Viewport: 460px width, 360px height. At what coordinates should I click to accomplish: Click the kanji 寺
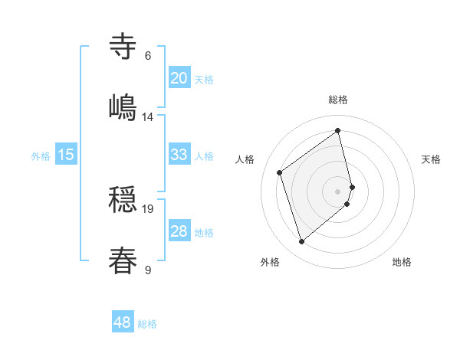[x=123, y=46]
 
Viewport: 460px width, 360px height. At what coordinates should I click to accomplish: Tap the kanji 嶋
[x=123, y=106]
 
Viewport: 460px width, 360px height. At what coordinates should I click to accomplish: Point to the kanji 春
[x=123, y=260]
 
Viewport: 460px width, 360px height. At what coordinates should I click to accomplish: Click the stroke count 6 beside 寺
[x=147, y=56]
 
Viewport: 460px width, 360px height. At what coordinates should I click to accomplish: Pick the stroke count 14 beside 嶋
[x=148, y=116]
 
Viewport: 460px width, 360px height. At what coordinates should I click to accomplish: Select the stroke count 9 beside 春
[x=147, y=270]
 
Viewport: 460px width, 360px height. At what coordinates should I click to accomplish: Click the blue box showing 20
[x=179, y=78]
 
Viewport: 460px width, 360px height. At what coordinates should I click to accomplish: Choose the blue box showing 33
[x=179, y=155]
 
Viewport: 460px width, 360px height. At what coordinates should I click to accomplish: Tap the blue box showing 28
[x=179, y=231]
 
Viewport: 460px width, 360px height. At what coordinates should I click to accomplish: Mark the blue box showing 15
[x=66, y=155]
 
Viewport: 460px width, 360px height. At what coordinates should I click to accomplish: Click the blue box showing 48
[x=123, y=322]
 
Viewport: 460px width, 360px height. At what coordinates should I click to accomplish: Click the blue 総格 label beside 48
[x=147, y=324]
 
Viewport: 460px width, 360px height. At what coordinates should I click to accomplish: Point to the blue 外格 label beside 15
[x=41, y=156]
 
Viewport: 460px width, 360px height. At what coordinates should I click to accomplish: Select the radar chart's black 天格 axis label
[x=432, y=159]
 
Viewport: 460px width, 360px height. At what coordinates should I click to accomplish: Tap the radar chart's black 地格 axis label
[x=402, y=262]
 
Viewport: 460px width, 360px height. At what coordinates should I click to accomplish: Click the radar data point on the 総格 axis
[x=338, y=131]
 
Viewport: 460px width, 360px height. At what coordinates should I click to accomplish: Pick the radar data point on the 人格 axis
[x=280, y=172]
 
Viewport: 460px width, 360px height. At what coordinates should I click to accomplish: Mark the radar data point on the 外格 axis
[x=302, y=242]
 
